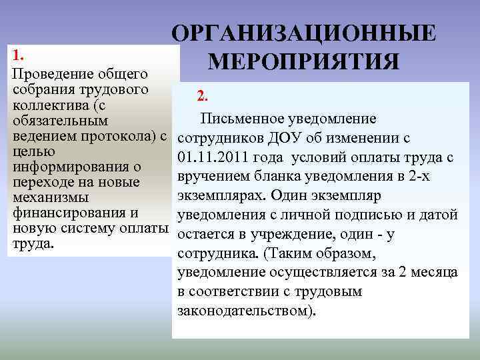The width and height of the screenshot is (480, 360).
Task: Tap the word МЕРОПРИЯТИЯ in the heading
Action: [x=303, y=61]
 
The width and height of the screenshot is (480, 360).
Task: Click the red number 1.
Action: [x=19, y=54]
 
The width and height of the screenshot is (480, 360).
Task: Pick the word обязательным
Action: [x=60, y=121]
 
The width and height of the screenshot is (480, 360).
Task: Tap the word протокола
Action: [x=119, y=136]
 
